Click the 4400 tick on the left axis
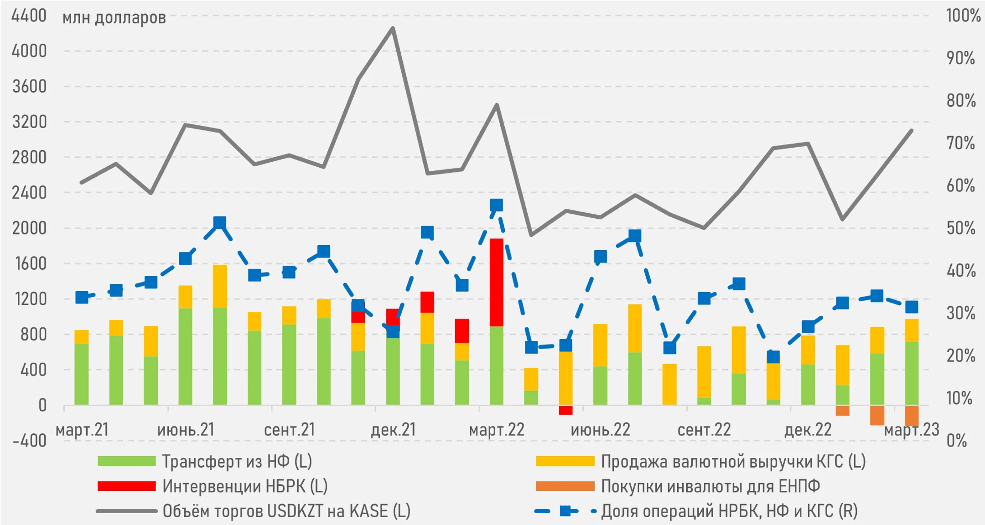click(29, 16)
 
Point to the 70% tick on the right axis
click(961, 143)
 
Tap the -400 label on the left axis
click(30, 441)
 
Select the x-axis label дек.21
click(394, 430)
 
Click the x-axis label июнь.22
click(600, 430)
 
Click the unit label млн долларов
click(114, 18)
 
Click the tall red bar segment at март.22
click(497, 283)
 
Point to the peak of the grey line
click(393, 28)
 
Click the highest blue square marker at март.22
click(497, 205)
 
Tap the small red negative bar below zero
click(565, 410)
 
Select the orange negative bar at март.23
click(912, 415)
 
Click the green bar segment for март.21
click(82, 374)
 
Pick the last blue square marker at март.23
click(912, 307)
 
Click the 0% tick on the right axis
click(956, 441)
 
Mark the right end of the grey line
click(912, 131)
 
